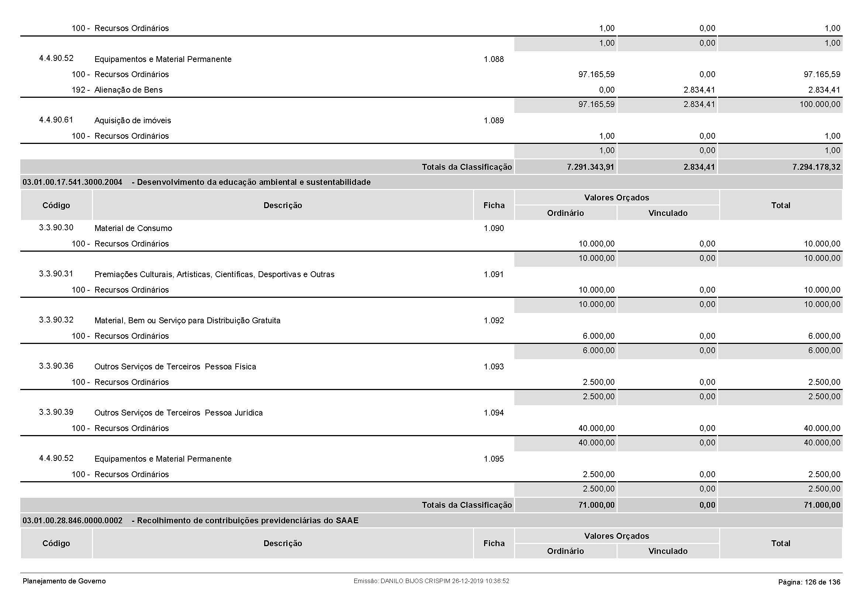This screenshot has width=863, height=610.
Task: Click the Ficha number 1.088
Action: click(494, 59)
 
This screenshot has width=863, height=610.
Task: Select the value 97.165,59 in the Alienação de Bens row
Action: click(596, 104)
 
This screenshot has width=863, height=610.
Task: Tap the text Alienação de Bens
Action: click(128, 90)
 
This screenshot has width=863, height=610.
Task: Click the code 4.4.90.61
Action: click(56, 120)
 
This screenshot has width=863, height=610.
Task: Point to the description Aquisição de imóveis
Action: click(132, 121)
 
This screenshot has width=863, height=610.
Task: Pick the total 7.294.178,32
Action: click(816, 167)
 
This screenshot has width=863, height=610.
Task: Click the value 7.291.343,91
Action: click(590, 167)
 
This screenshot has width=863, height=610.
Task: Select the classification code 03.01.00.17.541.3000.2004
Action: click(72, 182)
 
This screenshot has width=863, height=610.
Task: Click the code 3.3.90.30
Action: click(56, 228)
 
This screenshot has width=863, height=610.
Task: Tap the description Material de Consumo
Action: click(133, 228)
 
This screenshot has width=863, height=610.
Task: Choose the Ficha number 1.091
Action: click(494, 274)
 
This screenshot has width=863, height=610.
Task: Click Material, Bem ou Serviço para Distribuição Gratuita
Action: click(187, 321)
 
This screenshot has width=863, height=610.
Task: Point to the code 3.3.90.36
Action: click(56, 366)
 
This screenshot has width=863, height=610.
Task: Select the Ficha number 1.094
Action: click(494, 413)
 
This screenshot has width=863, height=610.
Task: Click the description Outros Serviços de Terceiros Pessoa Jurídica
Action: click(178, 413)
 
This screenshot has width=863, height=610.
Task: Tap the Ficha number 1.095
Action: click(494, 459)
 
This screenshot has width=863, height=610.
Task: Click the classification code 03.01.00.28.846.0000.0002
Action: click(72, 521)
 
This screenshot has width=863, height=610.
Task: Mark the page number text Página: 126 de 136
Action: click(809, 582)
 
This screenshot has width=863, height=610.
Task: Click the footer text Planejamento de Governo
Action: click(64, 581)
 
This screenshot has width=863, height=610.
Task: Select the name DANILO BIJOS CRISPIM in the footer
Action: click(415, 581)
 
